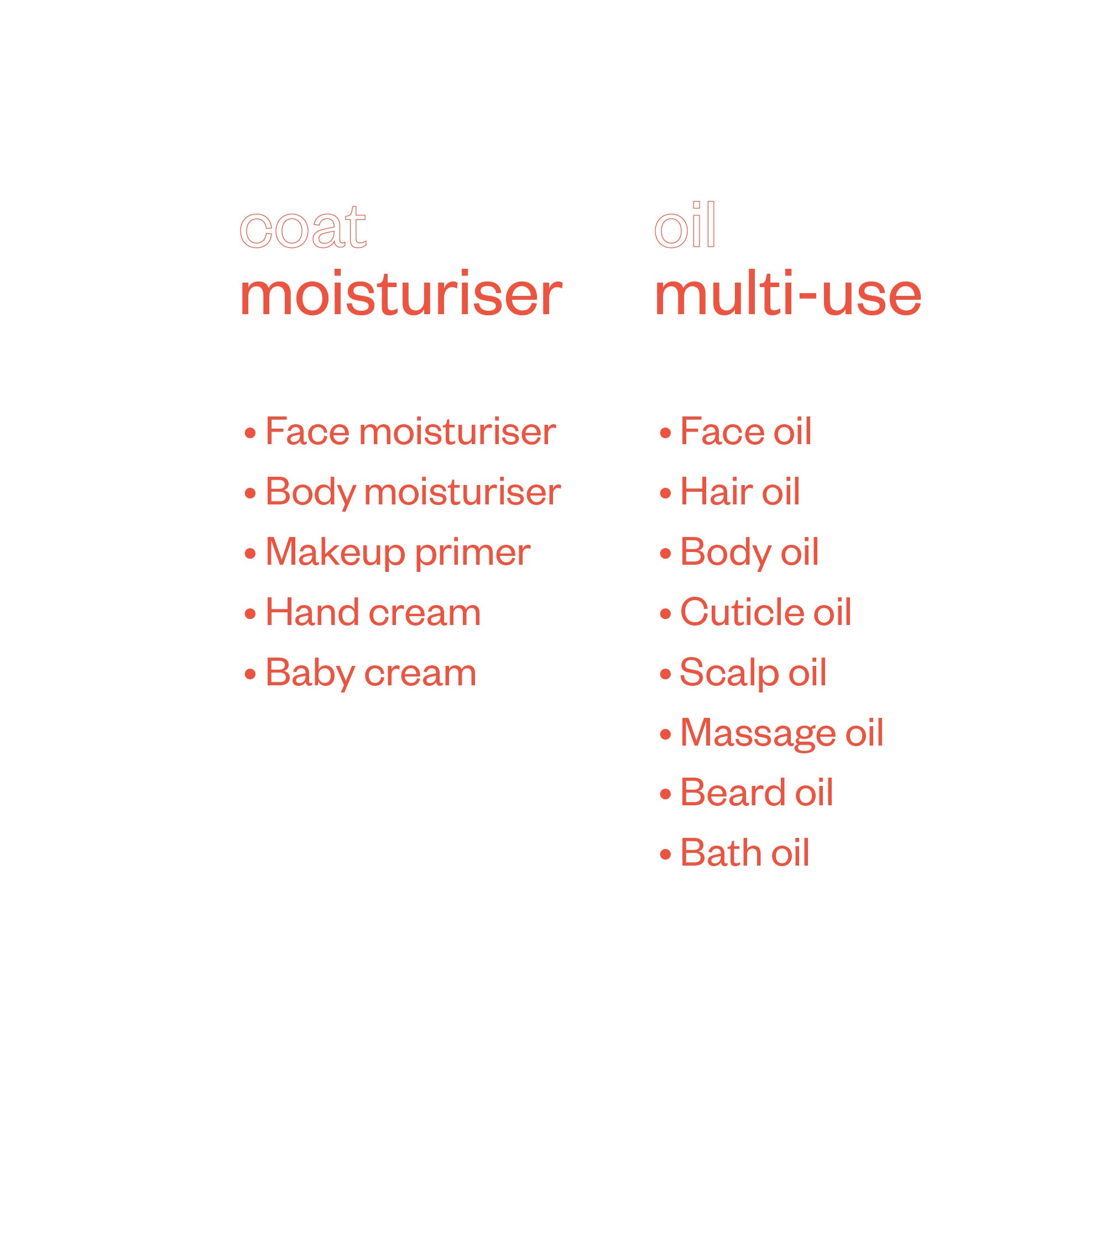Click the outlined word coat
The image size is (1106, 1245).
pyautogui.click(x=302, y=228)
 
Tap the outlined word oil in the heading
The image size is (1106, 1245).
pyautogui.click(x=685, y=225)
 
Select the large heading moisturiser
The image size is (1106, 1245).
pyautogui.click(x=401, y=295)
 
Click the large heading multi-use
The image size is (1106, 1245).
pyautogui.click(x=787, y=295)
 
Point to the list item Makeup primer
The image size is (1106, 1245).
pyautogui.click(x=397, y=553)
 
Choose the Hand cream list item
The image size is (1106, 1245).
pyautogui.click(x=373, y=613)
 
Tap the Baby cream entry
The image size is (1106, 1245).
pyautogui.click(x=371, y=673)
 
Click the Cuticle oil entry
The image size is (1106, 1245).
pyautogui.click(x=765, y=613)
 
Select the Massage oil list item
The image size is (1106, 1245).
pyautogui.click(x=781, y=733)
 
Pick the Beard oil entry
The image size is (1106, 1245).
pyautogui.click(x=756, y=793)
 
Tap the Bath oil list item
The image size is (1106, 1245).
pyautogui.click(x=744, y=853)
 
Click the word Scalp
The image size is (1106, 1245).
pyautogui.click(x=729, y=674)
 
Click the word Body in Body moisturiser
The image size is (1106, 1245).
pyautogui.click(x=311, y=493)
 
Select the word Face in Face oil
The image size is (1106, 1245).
pyautogui.click(x=722, y=432)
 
